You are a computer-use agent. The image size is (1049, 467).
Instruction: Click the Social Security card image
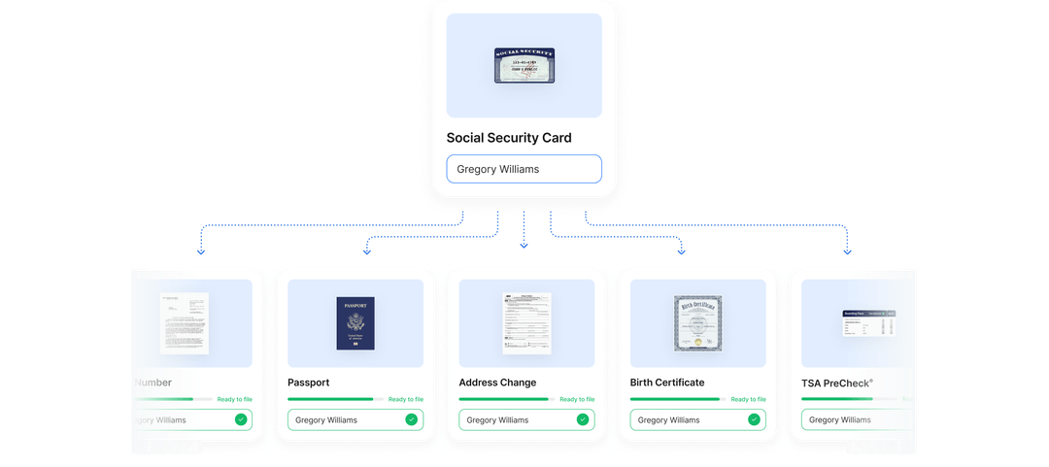(x=524, y=65)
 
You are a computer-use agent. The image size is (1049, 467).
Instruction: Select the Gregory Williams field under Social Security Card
(x=524, y=169)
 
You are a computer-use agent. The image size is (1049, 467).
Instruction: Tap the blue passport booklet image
(x=355, y=323)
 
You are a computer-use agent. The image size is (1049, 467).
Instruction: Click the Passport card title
(x=309, y=383)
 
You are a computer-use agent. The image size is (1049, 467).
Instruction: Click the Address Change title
(x=497, y=383)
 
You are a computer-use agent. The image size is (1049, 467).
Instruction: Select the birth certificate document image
(x=697, y=323)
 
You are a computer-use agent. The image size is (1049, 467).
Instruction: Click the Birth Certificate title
(x=667, y=383)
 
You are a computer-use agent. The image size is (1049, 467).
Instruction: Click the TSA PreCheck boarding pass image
(x=868, y=323)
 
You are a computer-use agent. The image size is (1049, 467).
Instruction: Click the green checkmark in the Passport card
(x=412, y=419)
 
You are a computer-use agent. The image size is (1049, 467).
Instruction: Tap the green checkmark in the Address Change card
(x=583, y=419)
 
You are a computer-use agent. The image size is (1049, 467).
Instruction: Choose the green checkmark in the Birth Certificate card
(x=754, y=419)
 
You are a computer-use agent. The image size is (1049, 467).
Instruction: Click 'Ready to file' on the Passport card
(x=406, y=399)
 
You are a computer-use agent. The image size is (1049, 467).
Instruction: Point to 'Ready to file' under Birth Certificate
(x=748, y=399)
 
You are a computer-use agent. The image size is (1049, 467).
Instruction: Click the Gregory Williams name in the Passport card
(x=326, y=420)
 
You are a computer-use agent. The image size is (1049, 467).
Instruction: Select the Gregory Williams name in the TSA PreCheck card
(x=840, y=420)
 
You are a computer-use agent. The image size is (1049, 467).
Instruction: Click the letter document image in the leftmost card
(x=185, y=323)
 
